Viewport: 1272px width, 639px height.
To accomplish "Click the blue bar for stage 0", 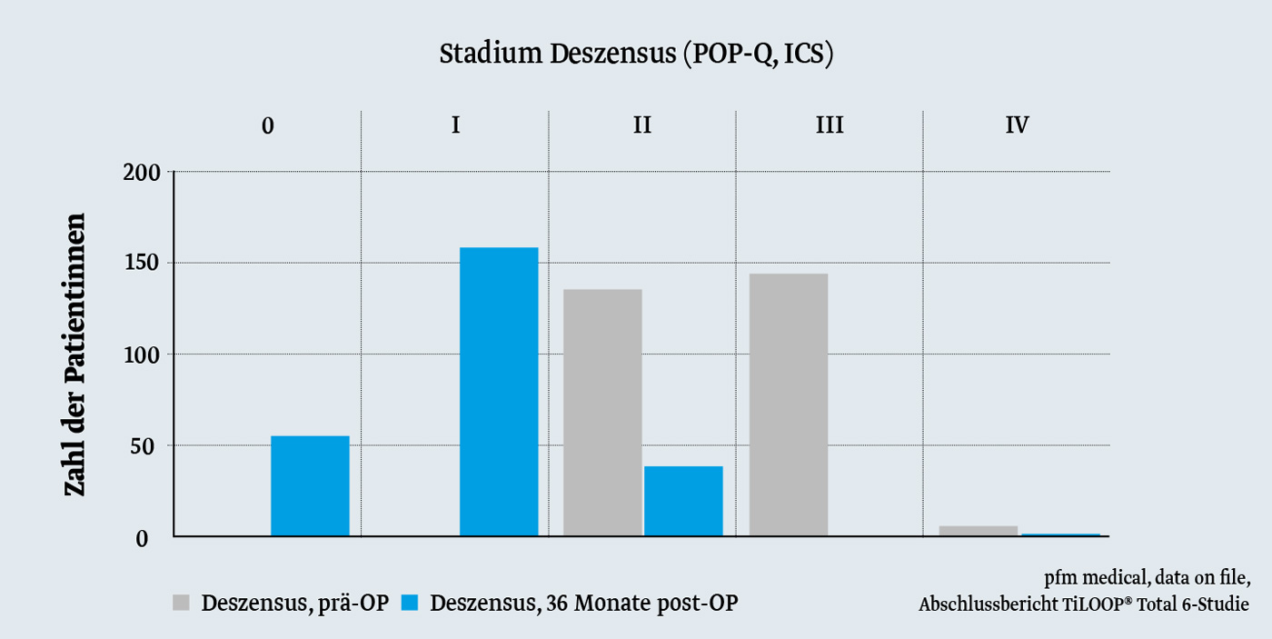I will [x=310, y=486].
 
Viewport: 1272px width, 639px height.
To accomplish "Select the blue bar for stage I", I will [x=499, y=392].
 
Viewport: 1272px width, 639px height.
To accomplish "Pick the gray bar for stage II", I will [x=602, y=413].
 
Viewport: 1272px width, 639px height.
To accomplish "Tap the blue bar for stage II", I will [x=683, y=501].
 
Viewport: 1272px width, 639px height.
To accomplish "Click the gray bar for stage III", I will [x=789, y=404].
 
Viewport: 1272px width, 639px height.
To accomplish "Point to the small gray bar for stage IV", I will [x=978, y=531].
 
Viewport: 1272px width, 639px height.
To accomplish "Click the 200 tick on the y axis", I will [x=142, y=172].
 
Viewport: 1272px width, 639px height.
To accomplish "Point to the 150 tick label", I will [x=142, y=264].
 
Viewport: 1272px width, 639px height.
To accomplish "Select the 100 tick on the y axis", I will [x=142, y=354].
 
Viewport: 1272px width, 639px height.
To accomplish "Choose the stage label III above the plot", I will [x=829, y=125].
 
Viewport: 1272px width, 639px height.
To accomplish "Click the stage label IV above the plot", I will [x=1017, y=125].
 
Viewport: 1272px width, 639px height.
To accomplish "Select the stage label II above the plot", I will [x=641, y=125].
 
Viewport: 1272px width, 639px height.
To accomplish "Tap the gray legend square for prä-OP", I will [x=182, y=604].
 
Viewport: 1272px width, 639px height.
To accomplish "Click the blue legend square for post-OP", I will [x=411, y=604].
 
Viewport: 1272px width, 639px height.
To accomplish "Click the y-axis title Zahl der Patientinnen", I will [x=75, y=354].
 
